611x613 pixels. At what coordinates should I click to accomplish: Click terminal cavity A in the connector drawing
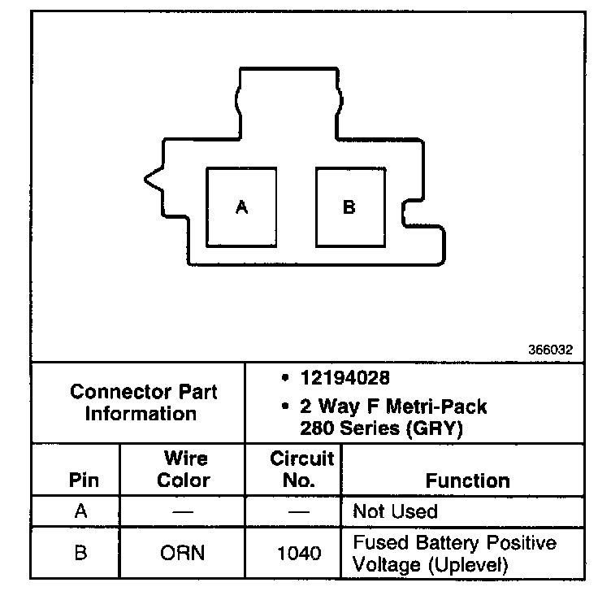(241, 207)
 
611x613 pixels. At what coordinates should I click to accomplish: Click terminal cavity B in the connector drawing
(349, 207)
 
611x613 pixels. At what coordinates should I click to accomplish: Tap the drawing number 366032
(551, 350)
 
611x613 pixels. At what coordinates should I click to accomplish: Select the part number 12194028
(344, 379)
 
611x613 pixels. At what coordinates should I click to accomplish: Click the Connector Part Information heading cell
(143, 402)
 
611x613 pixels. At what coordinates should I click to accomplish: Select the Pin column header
(84, 480)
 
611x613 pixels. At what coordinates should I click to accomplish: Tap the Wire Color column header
(184, 470)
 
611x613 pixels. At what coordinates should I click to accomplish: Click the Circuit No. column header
(302, 470)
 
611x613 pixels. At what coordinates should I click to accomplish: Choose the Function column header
(468, 480)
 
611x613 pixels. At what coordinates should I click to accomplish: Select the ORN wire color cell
(184, 554)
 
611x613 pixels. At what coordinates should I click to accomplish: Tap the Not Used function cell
(395, 511)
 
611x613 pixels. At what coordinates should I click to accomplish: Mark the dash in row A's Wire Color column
(184, 512)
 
